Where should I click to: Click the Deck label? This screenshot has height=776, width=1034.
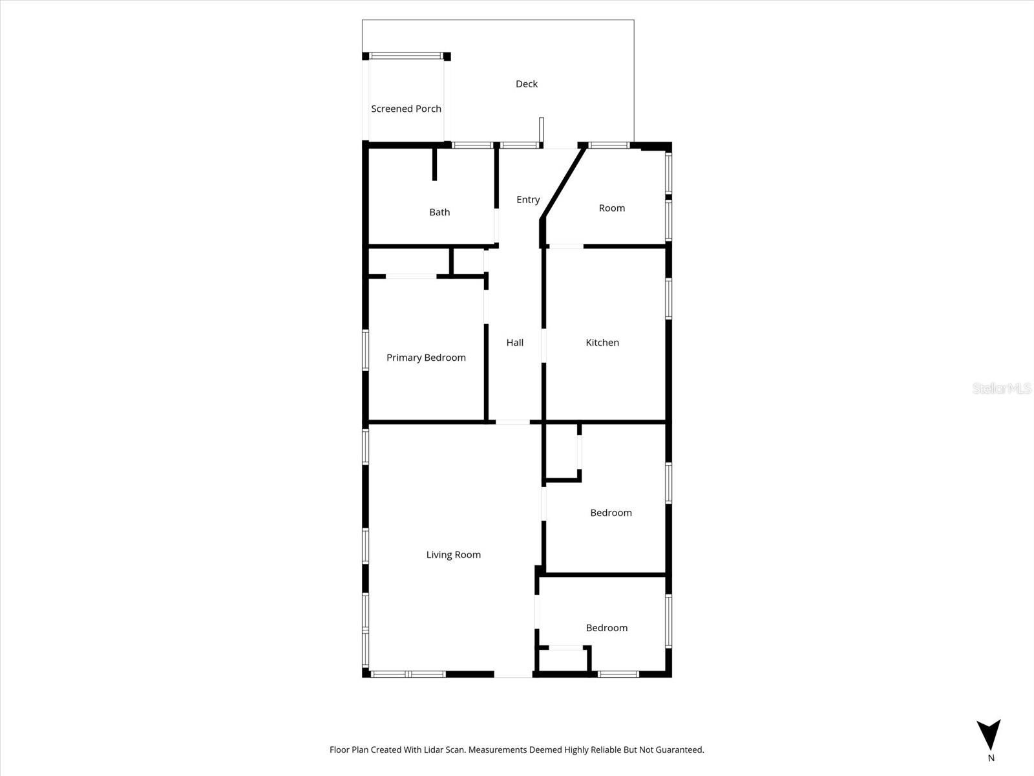(x=526, y=84)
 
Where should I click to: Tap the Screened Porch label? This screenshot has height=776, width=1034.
(x=406, y=109)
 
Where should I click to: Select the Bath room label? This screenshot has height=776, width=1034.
(x=439, y=212)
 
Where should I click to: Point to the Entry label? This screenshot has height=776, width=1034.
(x=528, y=200)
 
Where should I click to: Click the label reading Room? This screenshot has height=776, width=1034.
(x=611, y=208)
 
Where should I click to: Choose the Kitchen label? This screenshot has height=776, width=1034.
(x=602, y=343)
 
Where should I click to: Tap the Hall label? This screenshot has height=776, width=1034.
(x=515, y=343)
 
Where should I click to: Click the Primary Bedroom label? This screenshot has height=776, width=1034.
(x=426, y=358)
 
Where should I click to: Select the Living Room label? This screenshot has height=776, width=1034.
(x=453, y=555)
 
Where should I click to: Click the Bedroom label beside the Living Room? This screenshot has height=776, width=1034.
(x=611, y=513)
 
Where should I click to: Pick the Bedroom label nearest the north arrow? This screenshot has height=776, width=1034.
(x=606, y=628)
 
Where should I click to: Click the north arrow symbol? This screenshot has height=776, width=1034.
(x=989, y=735)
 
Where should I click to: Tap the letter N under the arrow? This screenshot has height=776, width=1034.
(x=991, y=758)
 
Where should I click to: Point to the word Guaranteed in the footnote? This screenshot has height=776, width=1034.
(x=679, y=750)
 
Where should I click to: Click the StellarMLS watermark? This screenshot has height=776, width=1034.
(x=1002, y=389)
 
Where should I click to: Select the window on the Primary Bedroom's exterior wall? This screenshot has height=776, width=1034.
(x=365, y=350)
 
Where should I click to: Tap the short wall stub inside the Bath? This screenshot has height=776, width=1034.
(x=435, y=165)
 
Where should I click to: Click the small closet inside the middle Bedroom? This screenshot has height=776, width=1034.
(x=562, y=451)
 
